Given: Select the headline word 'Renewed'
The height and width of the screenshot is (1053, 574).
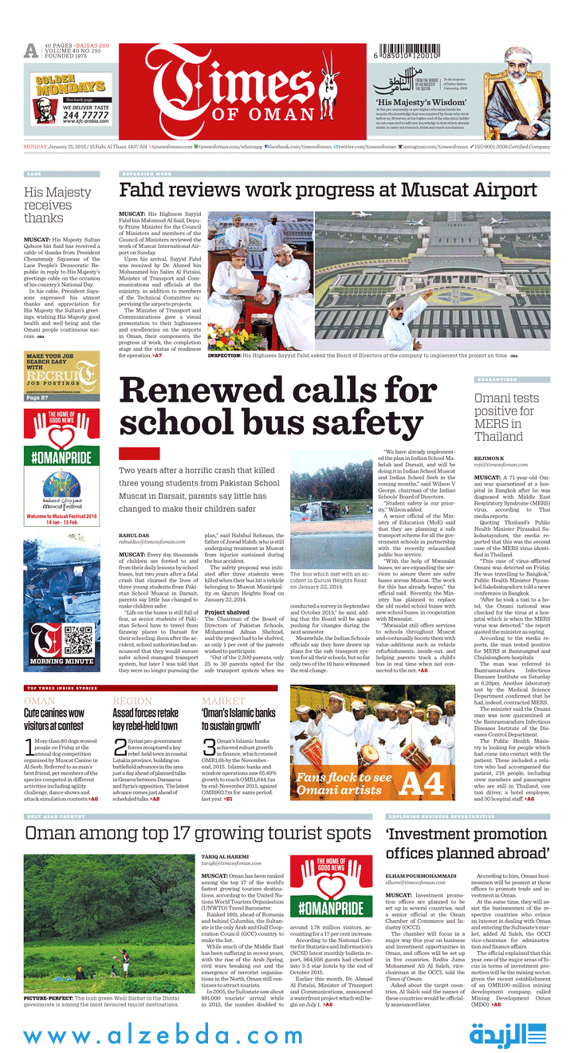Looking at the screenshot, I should coord(202,392).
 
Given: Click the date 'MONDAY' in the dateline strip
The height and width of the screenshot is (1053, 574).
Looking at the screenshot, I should coord(35,147).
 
